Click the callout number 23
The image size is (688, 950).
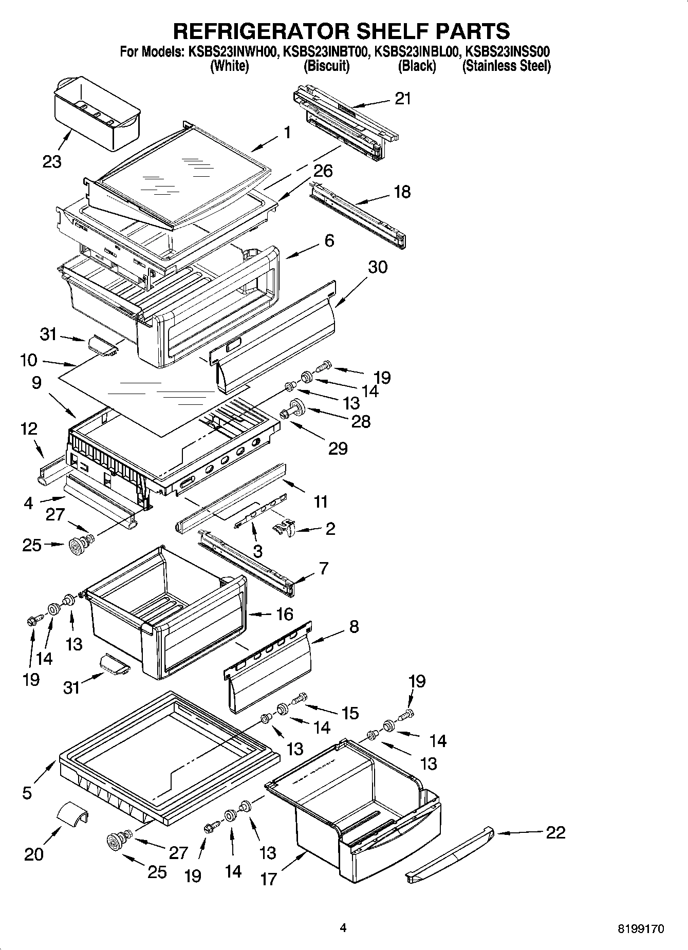52,161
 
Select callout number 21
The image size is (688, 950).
403,99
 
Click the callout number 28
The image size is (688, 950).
360,422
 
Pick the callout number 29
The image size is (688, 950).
338,448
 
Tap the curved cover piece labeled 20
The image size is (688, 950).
71,814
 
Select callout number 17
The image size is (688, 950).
269,879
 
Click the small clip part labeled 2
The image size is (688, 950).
284,528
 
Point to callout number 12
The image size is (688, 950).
29,429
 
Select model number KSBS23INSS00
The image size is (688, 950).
508,52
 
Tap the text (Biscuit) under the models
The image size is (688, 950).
326,66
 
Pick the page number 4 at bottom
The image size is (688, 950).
343,928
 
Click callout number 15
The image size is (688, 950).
350,713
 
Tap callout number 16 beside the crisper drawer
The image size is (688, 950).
284,614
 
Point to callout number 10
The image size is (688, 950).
29,360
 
